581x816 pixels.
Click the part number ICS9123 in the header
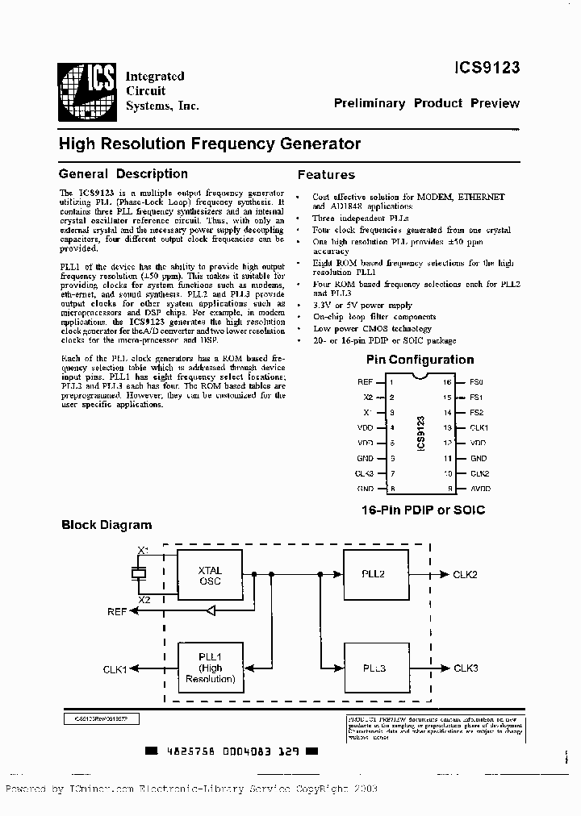point(487,69)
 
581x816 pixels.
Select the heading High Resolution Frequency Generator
point(210,144)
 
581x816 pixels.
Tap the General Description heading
point(123,173)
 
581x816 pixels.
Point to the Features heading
point(326,174)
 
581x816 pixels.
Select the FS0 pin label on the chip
point(476,381)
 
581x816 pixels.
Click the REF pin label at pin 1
point(365,381)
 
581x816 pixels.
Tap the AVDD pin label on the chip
point(479,489)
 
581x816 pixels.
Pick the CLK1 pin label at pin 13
point(479,427)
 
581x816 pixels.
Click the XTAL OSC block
point(210,576)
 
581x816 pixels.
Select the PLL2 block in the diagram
point(374,574)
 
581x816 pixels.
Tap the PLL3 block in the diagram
point(374,668)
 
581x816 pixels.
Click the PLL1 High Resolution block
point(210,668)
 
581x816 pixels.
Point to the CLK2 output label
point(466,574)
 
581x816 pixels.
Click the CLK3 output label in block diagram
point(466,668)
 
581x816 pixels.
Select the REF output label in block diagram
point(117,612)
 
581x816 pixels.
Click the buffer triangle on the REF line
point(209,612)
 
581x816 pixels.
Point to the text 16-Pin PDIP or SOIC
point(423,510)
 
